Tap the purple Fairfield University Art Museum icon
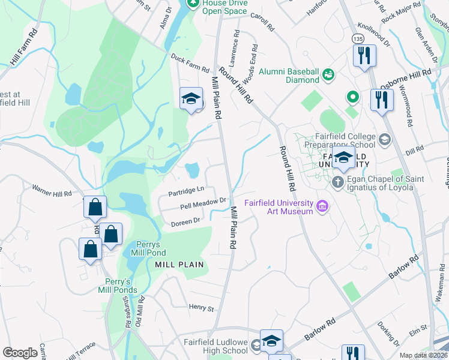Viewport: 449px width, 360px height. tap(323, 206)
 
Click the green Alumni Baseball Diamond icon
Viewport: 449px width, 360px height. tap(328, 75)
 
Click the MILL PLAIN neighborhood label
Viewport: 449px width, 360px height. tap(179, 264)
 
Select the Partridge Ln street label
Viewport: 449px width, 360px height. tap(187, 190)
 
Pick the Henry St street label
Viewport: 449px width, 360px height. tap(201, 308)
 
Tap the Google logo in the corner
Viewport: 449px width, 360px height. tap(20, 353)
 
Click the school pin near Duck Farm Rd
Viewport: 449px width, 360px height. tap(191, 98)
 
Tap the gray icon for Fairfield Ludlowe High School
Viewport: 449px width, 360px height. tap(256, 344)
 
